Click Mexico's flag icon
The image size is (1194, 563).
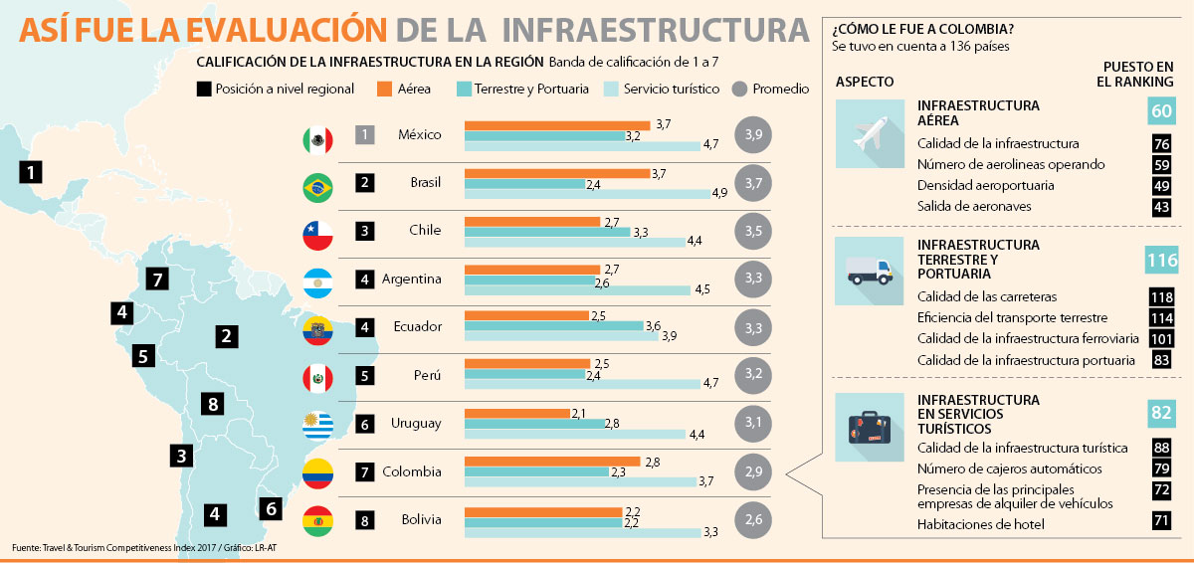[317, 140]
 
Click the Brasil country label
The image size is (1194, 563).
[426, 182]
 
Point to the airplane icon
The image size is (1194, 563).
[870, 134]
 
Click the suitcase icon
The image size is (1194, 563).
[870, 427]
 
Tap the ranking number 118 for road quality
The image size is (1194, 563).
[1160, 296]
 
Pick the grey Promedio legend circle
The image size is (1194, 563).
[739, 89]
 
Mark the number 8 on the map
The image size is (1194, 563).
[210, 404]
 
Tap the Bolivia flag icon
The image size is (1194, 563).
[317, 520]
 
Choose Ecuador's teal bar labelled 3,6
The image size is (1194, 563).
[554, 326]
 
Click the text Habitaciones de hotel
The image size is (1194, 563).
[981, 523]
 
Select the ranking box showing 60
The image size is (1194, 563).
[1161, 111]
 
